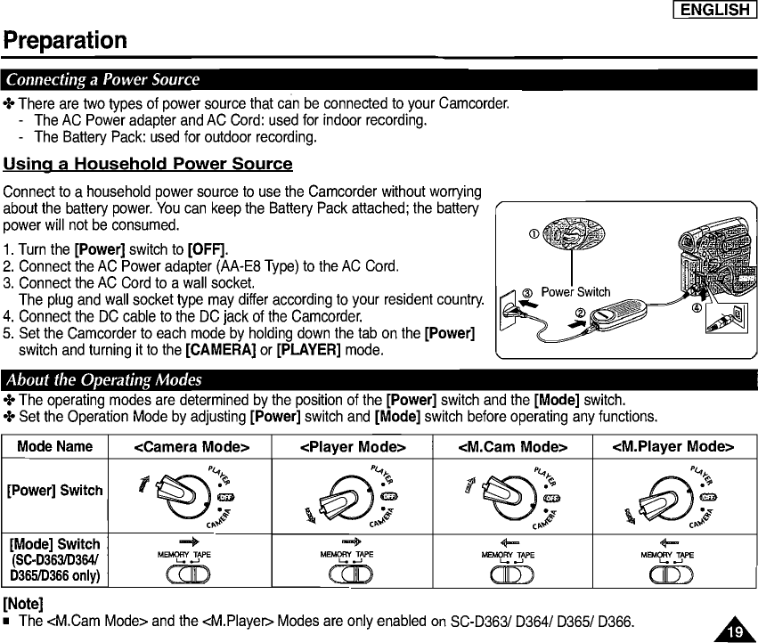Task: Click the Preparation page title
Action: point(65,41)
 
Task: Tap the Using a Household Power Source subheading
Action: point(148,164)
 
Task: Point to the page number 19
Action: point(734,630)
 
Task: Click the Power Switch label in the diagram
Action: point(575,292)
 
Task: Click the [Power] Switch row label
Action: point(55,491)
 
